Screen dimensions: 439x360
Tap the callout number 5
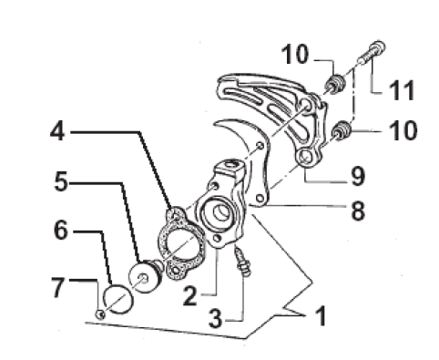tap(61, 181)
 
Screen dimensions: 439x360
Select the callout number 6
tap(61, 230)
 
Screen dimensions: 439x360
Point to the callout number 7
tap(58, 287)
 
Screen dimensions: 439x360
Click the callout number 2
tap(190, 294)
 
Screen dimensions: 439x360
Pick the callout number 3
tap(216, 318)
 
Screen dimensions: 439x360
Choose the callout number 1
tap(321, 315)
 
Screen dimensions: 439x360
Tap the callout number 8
tap(358, 210)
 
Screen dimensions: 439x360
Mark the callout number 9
tap(358, 175)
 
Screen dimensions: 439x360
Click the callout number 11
tap(402, 90)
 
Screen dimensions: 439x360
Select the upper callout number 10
tap(295, 54)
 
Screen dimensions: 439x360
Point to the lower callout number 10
tap(404, 130)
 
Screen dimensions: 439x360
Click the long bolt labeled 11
tap(371, 53)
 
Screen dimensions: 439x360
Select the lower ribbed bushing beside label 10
tap(342, 130)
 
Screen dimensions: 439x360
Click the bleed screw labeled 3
tap(243, 262)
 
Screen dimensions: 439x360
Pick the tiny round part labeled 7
tap(100, 314)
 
